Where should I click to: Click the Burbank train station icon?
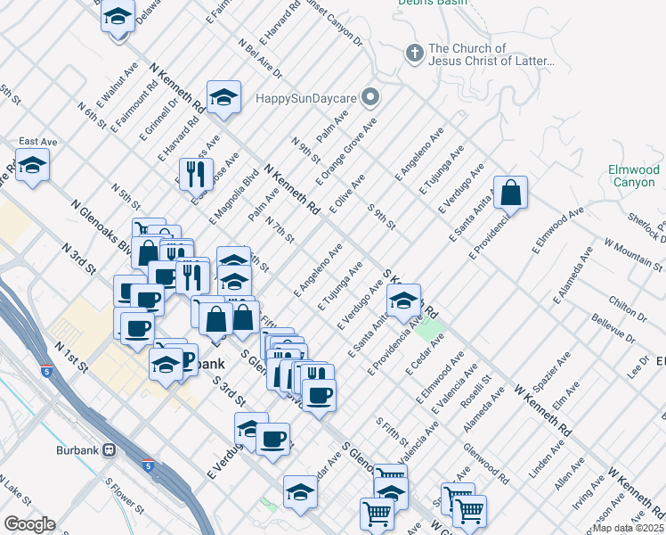tap(110, 450)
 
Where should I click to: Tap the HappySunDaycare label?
tap(310, 96)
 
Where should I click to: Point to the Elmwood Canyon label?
tap(633, 176)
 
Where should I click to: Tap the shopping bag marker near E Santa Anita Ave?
tap(511, 192)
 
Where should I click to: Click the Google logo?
tap(29, 524)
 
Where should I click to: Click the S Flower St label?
tap(125, 495)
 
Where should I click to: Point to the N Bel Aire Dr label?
tap(260, 58)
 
